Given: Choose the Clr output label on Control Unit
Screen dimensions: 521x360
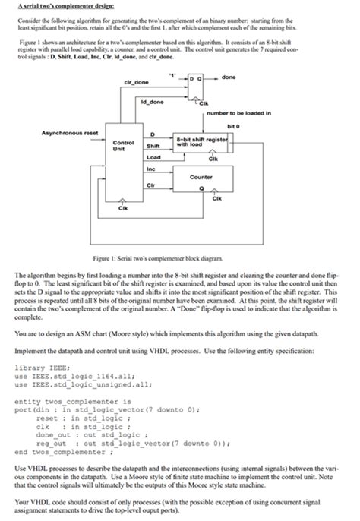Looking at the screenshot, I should pos(150,182).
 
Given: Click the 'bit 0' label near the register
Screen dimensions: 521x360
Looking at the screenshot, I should pos(245,125).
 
